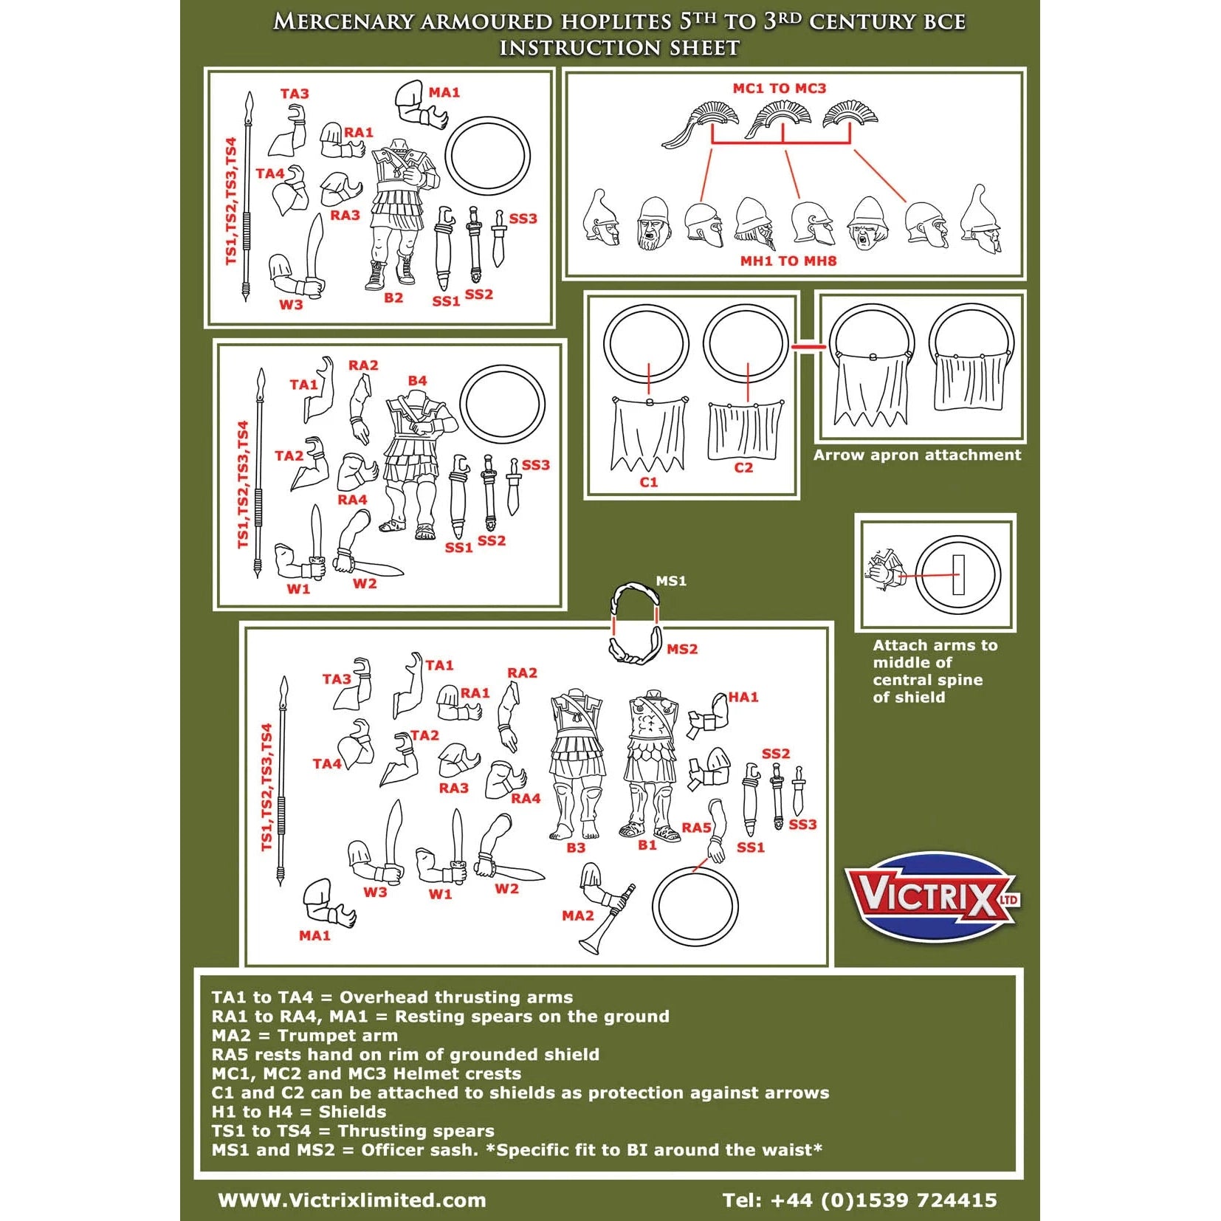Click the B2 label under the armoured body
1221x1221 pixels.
tap(393, 297)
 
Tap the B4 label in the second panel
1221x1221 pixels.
tap(417, 380)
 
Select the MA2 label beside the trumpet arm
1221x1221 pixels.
tap(577, 915)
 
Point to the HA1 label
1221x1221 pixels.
tap(743, 697)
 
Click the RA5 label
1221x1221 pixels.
tap(696, 828)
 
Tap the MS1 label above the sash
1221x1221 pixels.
tap(671, 581)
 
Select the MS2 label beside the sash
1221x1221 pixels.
tap(681, 649)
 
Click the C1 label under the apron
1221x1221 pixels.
tap(648, 482)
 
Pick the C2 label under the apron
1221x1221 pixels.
tap(743, 467)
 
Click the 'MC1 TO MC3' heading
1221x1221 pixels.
tap(779, 89)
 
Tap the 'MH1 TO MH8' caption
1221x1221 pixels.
tap(788, 261)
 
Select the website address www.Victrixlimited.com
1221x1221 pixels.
tap(352, 1200)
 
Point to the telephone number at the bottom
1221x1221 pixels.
tap(859, 1200)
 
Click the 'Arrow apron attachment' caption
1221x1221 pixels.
tap(917, 455)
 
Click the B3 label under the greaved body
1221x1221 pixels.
tap(576, 847)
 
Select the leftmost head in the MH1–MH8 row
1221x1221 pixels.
tap(602, 219)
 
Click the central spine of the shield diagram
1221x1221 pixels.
tap(958, 574)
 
